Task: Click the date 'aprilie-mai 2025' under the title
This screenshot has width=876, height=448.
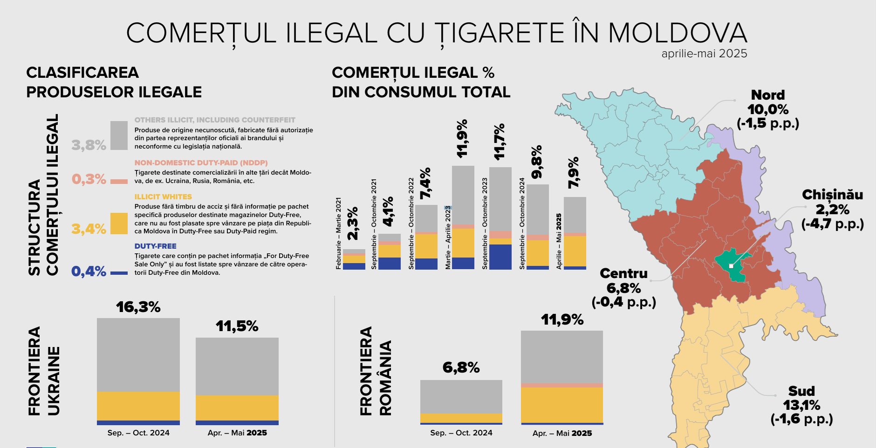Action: (704, 54)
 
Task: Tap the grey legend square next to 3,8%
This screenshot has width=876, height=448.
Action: (119, 136)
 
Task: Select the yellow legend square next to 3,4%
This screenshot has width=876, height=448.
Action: (119, 224)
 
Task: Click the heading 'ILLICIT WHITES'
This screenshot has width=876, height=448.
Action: (163, 197)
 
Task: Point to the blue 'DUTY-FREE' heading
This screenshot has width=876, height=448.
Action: (156, 246)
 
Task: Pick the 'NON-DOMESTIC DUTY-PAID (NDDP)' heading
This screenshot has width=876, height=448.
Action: (201, 163)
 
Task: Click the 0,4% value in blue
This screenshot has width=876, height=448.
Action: (89, 271)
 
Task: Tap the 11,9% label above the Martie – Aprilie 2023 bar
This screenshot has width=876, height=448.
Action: (462, 139)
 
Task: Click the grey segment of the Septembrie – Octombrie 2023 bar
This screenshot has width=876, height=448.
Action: (500, 199)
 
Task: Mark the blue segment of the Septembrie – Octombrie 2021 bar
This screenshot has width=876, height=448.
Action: (390, 264)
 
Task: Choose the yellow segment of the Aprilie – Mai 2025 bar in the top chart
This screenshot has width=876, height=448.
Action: (575, 251)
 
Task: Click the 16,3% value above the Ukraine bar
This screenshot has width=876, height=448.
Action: (138, 307)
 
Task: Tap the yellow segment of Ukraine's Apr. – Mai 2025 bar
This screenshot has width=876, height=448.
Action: (237, 408)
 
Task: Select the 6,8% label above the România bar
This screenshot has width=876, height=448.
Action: (461, 368)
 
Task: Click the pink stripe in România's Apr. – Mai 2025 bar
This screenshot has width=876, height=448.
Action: (562, 386)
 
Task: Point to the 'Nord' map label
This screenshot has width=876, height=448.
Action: (768, 95)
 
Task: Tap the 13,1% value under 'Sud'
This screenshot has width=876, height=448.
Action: (801, 405)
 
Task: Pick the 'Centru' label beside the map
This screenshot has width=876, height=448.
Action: (624, 273)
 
